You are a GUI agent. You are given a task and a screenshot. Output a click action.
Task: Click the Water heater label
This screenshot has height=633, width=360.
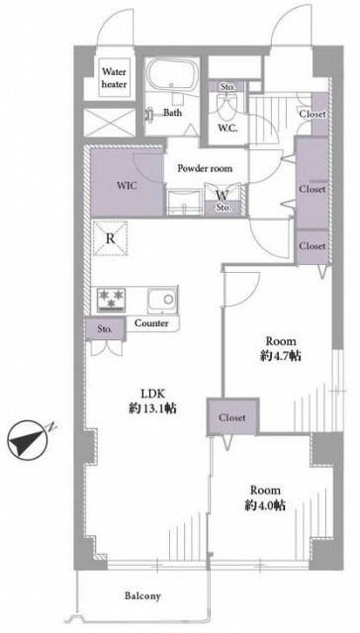pos(114,78)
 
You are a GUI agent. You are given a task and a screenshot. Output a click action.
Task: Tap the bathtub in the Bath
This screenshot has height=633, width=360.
pos(172,75)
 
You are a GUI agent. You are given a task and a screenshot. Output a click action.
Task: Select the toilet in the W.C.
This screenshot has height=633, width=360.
pos(226,105)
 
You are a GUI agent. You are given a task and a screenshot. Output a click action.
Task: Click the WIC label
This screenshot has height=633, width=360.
pos(128,186)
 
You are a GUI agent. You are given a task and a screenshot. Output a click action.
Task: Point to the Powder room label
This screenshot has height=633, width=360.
pos(205,168)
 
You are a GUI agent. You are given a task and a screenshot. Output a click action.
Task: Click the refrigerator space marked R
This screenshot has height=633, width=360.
pos(110,238)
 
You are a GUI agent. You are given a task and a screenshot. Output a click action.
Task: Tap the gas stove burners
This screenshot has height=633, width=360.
pos(111,299)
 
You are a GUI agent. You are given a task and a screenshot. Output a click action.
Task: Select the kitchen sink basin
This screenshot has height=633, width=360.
pos(162,300)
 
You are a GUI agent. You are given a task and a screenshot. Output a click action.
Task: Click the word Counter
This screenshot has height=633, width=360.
pos(151,323)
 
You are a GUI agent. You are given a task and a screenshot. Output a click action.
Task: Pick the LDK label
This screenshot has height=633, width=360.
pos(151,394)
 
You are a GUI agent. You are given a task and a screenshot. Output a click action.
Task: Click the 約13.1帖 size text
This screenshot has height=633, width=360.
pos(152,408)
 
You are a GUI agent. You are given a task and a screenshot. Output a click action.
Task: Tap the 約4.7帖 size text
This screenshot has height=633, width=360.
pos(281,356)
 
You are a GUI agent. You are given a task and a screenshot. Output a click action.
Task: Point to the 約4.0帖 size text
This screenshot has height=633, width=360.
pos(265,505)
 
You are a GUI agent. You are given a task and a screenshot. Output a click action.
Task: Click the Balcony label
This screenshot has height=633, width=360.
pos(142,595)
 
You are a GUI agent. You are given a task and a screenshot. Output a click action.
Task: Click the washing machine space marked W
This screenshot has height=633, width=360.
pos(223,196)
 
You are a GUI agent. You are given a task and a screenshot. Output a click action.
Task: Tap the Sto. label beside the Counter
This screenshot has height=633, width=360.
pos(105,329)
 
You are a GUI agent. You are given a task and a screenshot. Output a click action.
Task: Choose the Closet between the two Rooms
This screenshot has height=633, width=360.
pos(232,417)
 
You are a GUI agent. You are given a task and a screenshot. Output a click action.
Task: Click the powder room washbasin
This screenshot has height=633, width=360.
pos(184,202)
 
